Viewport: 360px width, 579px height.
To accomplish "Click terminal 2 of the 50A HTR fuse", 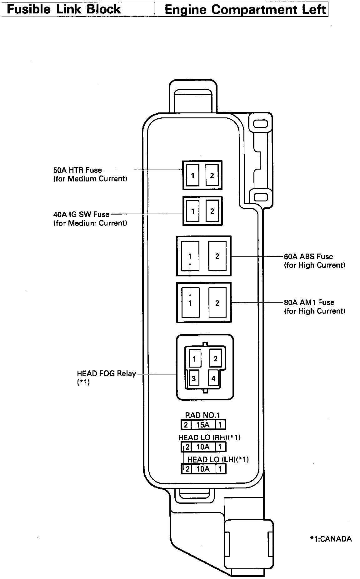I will point(212,176).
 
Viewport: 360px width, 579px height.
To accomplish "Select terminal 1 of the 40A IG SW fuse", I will point(193,211).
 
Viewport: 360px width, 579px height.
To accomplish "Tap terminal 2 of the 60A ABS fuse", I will point(217,256).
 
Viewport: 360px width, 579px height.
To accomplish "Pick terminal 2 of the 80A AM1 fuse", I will point(217,303).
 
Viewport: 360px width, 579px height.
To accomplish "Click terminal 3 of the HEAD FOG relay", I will point(194,379).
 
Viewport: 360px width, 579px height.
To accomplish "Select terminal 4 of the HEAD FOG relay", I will point(213,379).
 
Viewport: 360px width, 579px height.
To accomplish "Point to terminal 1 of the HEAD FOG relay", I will point(194,359).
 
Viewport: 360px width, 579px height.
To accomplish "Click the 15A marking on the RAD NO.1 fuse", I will point(203,425).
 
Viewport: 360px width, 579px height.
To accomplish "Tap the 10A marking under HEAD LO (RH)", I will point(203,447).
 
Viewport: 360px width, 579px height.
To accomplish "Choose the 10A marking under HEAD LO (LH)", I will point(203,469).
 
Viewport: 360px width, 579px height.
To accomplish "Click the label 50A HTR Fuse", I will point(77,170).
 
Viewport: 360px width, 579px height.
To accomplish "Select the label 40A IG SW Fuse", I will point(81,215).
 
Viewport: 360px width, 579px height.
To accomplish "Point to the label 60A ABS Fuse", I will point(308,257).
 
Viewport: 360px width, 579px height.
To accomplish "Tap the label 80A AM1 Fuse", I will point(309,302).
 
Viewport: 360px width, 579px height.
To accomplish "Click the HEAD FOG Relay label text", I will point(106,374).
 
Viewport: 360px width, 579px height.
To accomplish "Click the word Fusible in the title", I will point(28,9).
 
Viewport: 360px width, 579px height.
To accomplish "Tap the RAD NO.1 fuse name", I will point(202,415).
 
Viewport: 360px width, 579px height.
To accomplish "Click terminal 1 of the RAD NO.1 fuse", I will point(220,425).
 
